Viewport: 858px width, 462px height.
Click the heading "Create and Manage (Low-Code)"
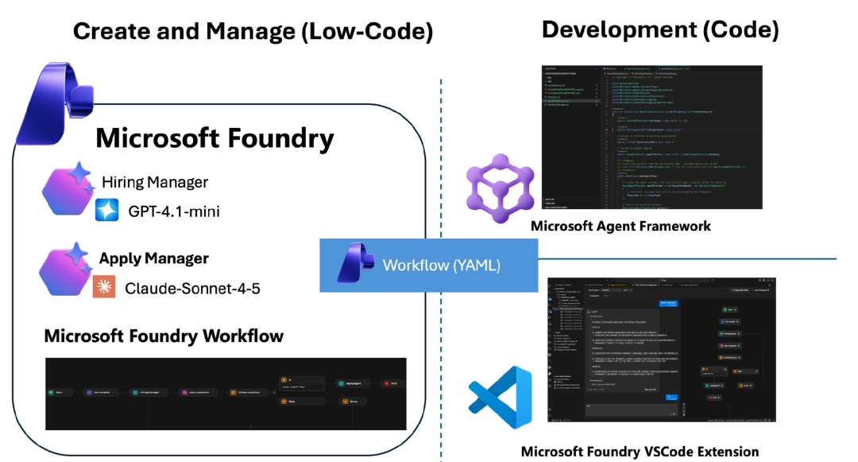point(253,32)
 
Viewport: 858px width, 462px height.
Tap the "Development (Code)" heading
point(659,30)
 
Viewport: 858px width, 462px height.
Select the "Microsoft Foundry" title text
point(214,139)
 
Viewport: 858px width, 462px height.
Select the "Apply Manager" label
point(154,258)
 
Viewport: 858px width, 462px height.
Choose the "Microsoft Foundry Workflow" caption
point(164,336)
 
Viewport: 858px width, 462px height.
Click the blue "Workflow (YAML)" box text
point(442,265)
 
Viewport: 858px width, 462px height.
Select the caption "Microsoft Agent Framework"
point(620,226)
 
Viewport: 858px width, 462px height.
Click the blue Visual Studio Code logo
point(500,398)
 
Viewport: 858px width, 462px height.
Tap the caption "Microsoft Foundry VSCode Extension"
point(640,451)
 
